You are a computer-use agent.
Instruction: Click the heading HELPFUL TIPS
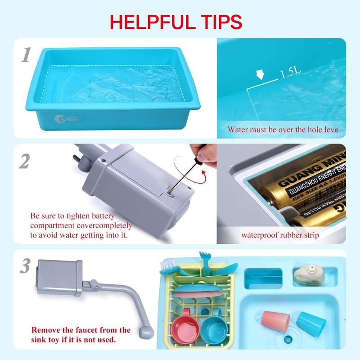click(176, 21)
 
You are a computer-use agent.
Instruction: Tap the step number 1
click(26, 55)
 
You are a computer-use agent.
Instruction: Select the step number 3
click(25, 266)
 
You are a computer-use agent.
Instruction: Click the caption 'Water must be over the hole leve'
click(283, 130)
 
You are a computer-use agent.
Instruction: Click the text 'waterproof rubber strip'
click(280, 235)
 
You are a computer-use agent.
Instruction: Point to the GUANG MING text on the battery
click(310, 173)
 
